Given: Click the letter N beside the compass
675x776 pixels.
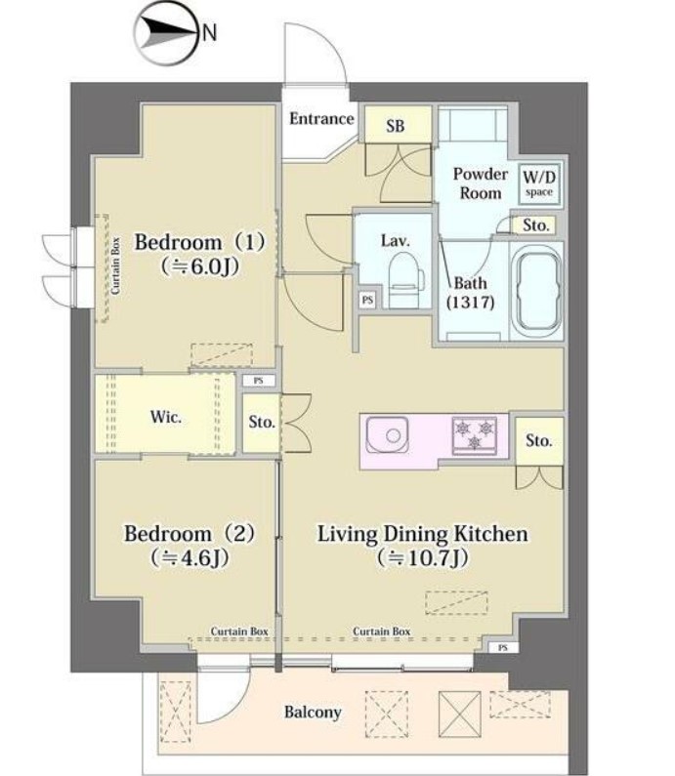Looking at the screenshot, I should click(x=209, y=32).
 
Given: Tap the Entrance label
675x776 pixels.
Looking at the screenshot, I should click(x=321, y=119).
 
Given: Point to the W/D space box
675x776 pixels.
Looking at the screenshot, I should click(x=536, y=184).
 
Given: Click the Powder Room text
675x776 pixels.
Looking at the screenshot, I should click(x=480, y=184).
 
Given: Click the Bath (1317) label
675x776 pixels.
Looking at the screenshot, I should click(x=470, y=293).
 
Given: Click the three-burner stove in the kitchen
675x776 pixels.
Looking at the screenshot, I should click(x=475, y=432).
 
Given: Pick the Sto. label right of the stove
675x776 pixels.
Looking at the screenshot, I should click(x=538, y=441).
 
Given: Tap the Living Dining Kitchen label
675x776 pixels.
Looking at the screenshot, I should click(x=423, y=534).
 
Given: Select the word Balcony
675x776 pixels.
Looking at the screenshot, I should click(x=313, y=712).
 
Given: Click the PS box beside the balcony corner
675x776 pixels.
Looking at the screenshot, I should click(x=501, y=647).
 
